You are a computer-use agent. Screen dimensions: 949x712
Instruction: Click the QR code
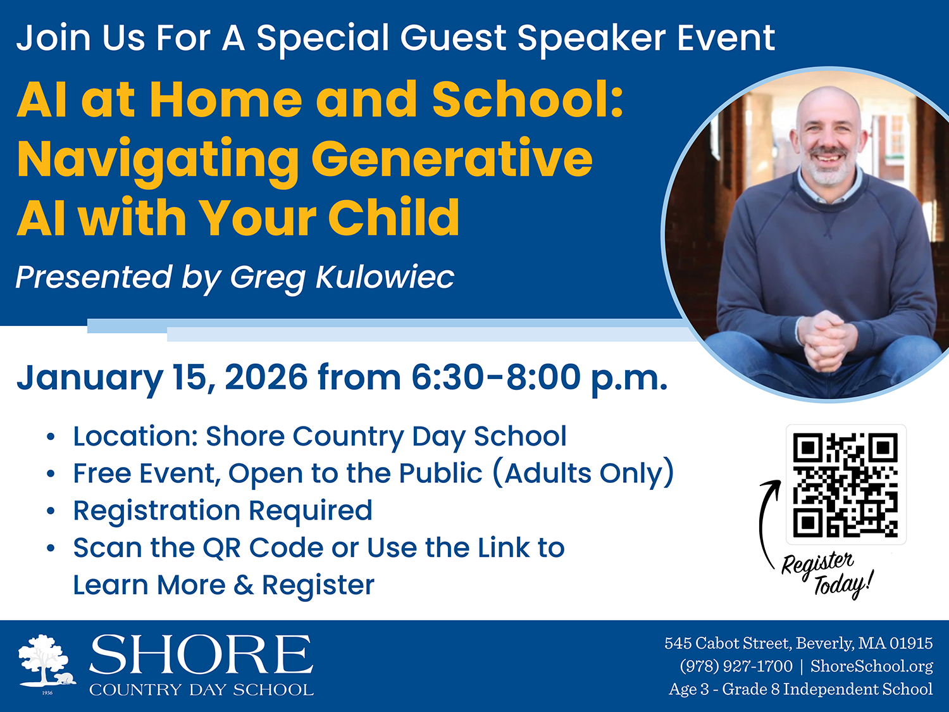click(845, 485)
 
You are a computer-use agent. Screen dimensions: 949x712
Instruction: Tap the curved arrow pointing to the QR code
click(762, 523)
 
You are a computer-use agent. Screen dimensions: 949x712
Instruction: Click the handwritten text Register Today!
click(827, 575)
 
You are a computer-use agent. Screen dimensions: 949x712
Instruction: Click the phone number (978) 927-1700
click(736, 666)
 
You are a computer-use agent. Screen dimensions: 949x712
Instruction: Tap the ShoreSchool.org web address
click(872, 666)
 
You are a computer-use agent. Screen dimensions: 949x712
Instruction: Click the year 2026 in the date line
click(266, 377)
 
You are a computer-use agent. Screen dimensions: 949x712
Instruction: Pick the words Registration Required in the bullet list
click(223, 511)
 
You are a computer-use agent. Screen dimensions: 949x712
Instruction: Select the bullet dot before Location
click(51, 437)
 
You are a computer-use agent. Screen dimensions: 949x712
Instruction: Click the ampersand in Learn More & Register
click(244, 585)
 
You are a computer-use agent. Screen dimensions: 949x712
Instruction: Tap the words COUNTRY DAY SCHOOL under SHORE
click(201, 689)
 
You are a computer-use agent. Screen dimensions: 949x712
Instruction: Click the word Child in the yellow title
click(394, 218)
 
